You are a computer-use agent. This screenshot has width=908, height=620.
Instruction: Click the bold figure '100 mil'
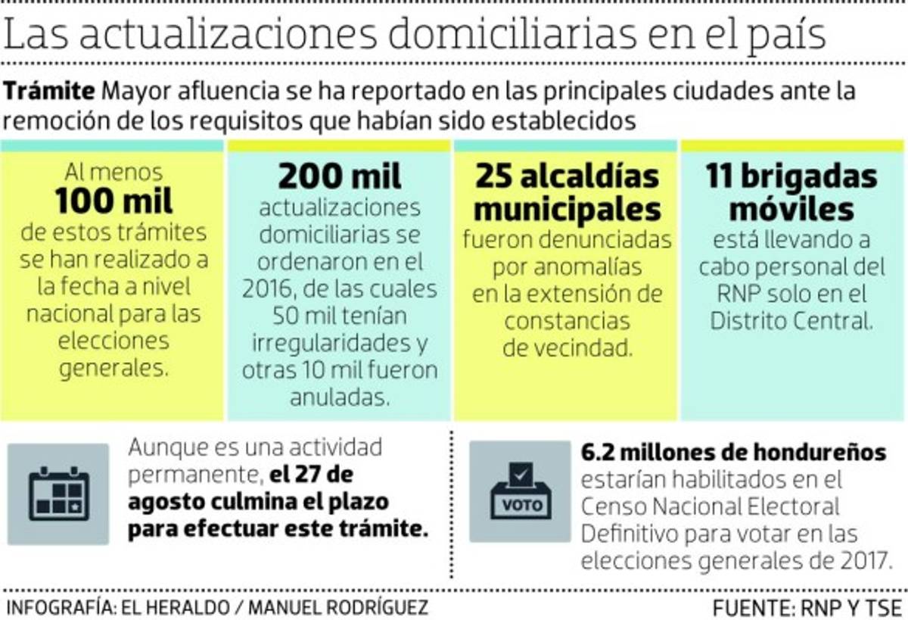tap(113, 202)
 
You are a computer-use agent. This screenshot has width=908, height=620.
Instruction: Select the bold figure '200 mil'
tap(340, 177)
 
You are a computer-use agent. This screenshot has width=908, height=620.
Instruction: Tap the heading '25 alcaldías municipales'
tap(567, 192)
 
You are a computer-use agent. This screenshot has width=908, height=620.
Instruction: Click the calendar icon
tap(59, 494)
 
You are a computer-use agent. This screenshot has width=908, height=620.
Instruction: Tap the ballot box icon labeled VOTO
tap(521, 493)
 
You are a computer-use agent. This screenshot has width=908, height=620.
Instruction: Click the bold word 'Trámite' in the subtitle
tap(51, 92)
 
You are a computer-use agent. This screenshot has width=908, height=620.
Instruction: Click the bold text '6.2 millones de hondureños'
tap(733, 452)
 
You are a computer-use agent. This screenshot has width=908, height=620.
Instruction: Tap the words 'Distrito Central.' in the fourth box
tap(791, 321)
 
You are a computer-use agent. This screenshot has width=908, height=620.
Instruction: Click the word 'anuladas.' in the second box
tap(340, 397)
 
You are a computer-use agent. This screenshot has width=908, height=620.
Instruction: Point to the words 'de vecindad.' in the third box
tap(567, 348)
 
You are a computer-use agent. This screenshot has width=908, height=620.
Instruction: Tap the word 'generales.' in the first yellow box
tap(113, 369)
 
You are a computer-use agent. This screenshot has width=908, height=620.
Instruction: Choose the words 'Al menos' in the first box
tap(113, 172)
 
